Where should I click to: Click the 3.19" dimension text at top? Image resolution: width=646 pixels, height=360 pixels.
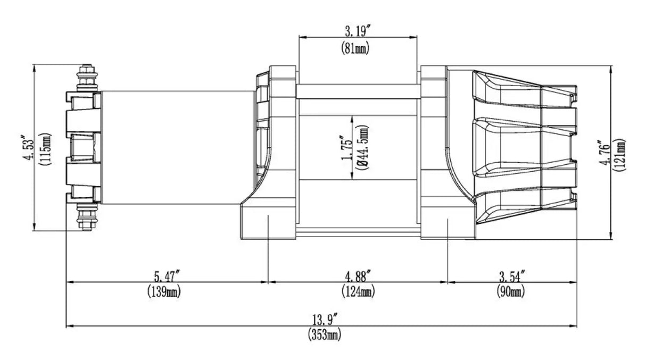point(357,30)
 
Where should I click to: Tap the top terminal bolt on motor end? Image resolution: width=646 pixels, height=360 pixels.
point(87,78)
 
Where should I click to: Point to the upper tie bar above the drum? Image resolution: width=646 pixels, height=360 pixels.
point(358,91)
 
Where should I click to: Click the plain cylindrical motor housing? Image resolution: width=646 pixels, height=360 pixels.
point(176,147)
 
